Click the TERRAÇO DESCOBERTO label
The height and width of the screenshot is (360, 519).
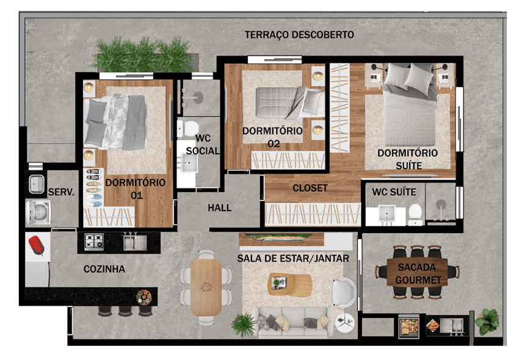[299, 35]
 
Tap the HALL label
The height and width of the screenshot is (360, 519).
[219, 208]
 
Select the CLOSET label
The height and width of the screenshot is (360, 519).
[310, 188]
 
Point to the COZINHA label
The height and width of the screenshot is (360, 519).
[104, 269]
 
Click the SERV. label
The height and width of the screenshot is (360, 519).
[61, 192]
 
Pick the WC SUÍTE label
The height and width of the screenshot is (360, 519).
[394, 192]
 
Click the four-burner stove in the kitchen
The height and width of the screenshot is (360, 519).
[93, 242]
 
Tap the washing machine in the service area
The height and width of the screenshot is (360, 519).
[38, 212]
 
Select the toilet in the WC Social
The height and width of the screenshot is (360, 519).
[187, 128]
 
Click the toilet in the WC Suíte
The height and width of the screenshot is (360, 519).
[415, 214]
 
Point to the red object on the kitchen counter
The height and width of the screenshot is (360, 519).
[36, 245]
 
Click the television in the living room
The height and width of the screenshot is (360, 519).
[281, 237]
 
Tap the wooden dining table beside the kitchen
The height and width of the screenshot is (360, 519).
[206, 287]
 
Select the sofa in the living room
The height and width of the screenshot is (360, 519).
[292, 321]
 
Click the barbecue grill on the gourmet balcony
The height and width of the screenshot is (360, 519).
[409, 326]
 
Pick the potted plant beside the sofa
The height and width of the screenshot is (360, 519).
[244, 325]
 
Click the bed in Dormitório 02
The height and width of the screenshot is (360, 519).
[290, 103]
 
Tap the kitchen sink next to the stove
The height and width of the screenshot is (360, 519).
[135, 241]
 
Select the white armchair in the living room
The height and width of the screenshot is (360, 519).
[344, 292]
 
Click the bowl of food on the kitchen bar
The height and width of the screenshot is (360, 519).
[144, 297]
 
